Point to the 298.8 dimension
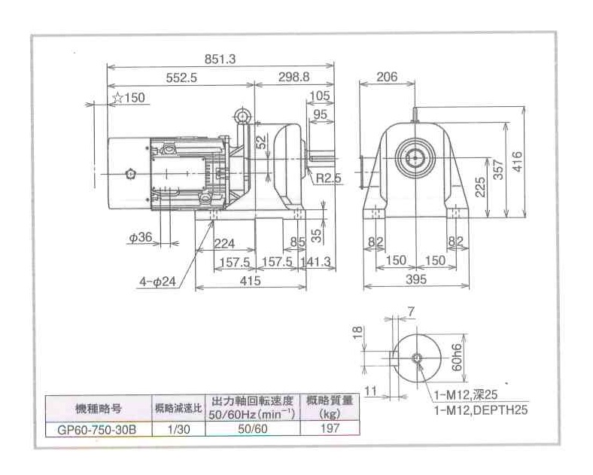295,78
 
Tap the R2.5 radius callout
329,178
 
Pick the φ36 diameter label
141,237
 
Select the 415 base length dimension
251,281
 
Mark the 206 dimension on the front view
386,77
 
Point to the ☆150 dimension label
129,97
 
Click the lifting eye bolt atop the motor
242,115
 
